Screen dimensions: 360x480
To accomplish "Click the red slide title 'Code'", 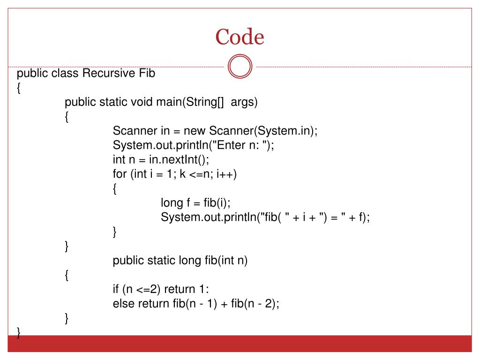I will point(240,37).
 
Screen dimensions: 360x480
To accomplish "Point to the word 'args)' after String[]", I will point(244,102).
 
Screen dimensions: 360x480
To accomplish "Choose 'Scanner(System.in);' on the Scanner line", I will point(263,131).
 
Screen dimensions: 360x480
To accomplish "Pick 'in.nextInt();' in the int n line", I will point(176,159).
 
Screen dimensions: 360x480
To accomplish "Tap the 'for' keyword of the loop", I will point(120,174).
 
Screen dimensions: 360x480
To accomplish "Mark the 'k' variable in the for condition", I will point(183,174).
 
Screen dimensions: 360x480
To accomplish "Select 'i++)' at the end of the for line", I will point(226,174).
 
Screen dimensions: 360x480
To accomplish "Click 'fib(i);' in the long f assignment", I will point(217,202).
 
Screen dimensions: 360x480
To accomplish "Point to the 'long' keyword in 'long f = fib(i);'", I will point(172,202).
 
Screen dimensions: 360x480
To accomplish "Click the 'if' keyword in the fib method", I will point(116,289).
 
